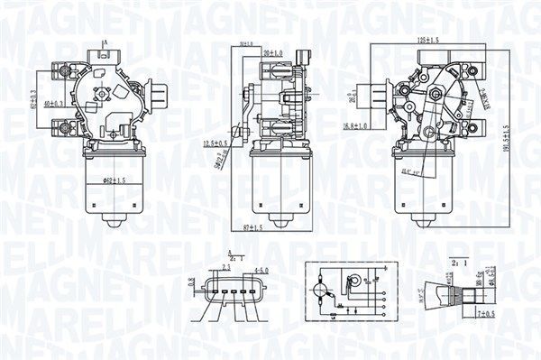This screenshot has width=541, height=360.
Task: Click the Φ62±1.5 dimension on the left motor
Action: coord(115,181)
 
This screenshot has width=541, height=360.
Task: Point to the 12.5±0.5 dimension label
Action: coord(215,143)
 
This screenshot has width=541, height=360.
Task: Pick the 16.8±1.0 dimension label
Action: coord(359,127)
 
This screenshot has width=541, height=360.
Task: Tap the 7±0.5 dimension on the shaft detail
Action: coord(485,313)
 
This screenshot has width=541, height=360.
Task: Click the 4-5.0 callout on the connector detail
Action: coord(261,270)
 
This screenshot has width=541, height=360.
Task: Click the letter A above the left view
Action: coord(105,43)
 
